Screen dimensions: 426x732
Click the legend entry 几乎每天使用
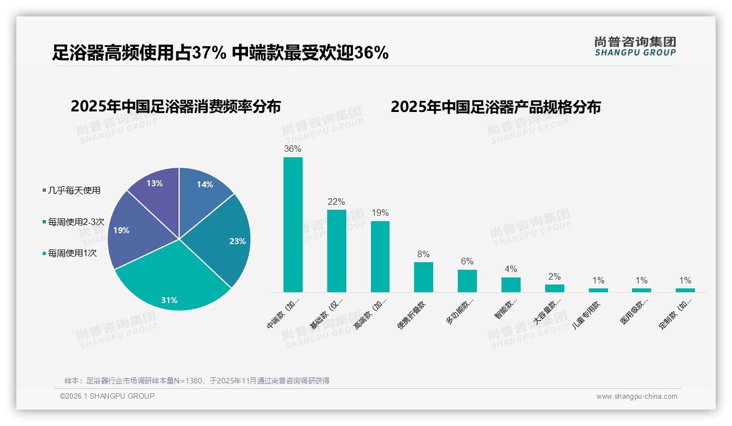click(x=74, y=191)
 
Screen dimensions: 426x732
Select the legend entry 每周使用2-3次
click(x=76, y=222)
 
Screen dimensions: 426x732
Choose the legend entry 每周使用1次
click(x=72, y=253)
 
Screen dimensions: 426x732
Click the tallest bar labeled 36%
click(x=293, y=224)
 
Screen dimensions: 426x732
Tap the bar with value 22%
click(x=337, y=251)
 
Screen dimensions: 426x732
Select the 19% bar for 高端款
click(x=380, y=256)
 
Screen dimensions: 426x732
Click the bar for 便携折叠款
click(x=423, y=277)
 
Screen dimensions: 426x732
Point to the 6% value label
click(x=467, y=262)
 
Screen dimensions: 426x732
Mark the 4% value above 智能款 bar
click(x=511, y=269)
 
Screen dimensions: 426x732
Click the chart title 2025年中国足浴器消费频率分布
click(x=175, y=106)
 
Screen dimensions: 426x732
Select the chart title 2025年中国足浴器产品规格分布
click(x=495, y=106)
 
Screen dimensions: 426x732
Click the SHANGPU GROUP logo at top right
click(x=635, y=46)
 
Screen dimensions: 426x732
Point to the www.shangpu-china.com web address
click(x=636, y=397)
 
